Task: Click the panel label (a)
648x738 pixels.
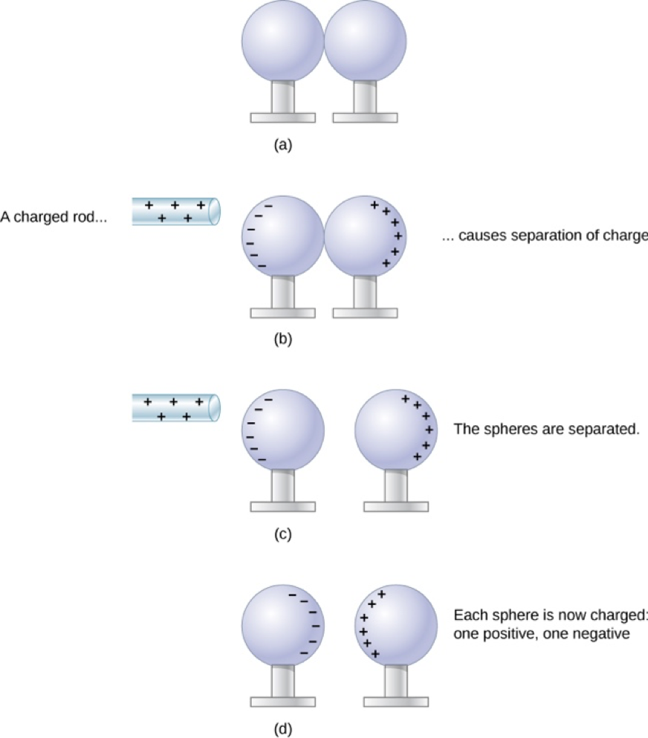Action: pyautogui.click(x=283, y=144)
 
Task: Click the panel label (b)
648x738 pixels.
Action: pyautogui.click(x=283, y=339)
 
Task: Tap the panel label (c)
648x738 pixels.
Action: pyautogui.click(x=283, y=534)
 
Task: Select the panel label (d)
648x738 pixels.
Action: pyautogui.click(x=283, y=729)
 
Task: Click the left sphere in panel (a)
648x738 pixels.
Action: pyautogui.click(x=283, y=40)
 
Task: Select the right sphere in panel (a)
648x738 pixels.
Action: pyautogui.click(x=365, y=40)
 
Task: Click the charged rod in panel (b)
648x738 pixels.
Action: pyautogui.click(x=176, y=212)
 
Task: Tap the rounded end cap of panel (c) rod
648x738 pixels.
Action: pyautogui.click(x=214, y=407)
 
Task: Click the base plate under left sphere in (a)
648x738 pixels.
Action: pyautogui.click(x=283, y=117)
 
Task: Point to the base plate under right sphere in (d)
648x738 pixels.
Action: pyautogui.click(x=396, y=702)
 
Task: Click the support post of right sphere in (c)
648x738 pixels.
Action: pyautogui.click(x=396, y=486)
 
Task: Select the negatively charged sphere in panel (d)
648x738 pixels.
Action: pyautogui.click(x=283, y=626)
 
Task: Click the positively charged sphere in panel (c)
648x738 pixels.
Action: pyautogui.click(x=396, y=430)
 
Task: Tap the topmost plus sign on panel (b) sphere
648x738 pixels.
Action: pyautogui.click(x=375, y=204)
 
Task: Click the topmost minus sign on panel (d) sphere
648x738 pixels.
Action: pyautogui.click(x=293, y=595)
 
